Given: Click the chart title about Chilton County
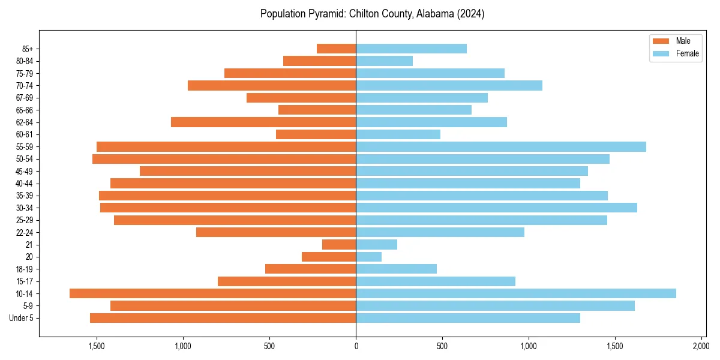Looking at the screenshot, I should [x=372, y=14].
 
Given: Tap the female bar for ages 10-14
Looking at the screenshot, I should [x=516, y=293].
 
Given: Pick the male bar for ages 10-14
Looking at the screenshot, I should [x=213, y=293].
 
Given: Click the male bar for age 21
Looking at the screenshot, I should [x=339, y=245].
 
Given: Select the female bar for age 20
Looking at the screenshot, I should [x=369, y=257].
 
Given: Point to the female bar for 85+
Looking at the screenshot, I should [x=411, y=49].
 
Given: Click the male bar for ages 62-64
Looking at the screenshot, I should [x=263, y=122].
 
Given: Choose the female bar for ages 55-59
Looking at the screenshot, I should [x=501, y=147].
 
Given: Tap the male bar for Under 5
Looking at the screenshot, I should [x=223, y=318].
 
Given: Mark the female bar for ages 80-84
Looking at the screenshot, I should [x=384, y=61].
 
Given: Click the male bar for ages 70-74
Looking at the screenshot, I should [x=272, y=86].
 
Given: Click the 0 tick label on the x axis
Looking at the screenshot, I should [x=356, y=346].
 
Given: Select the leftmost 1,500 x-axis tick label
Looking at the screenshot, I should [x=97, y=346].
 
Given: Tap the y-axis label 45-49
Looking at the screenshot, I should [x=25, y=172].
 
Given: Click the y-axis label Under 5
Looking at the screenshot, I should [x=22, y=318].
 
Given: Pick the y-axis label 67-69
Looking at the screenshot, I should [x=25, y=98].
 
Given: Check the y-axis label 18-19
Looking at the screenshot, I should [x=25, y=269].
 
